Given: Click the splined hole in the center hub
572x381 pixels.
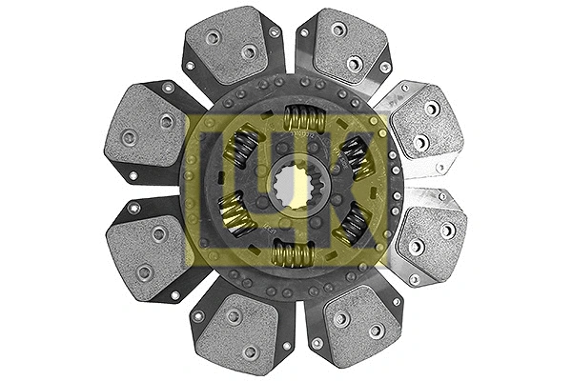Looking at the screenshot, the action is click(x=293, y=185).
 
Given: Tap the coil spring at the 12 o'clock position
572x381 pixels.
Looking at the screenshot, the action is click(x=305, y=118).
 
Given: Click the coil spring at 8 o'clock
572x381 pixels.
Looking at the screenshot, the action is click(x=235, y=214).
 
